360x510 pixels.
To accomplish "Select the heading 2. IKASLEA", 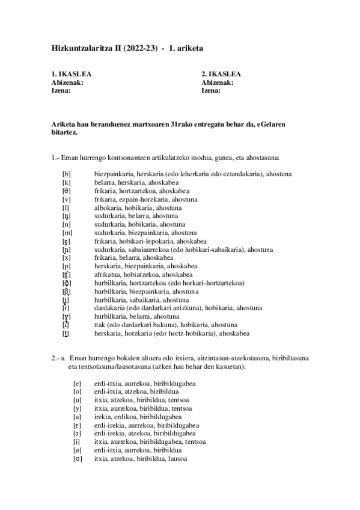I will pyautogui.click(x=222, y=75).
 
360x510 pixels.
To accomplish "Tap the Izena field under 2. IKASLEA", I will pyautogui.click(x=211, y=90).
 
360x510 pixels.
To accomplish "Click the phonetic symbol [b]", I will pyautogui.click(x=66, y=174).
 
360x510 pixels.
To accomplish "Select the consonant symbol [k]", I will pyautogui.click(x=66, y=183).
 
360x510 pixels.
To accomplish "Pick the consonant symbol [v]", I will pyautogui.click(x=66, y=199).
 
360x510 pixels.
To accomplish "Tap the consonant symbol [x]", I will pyautogui.click(x=66, y=257).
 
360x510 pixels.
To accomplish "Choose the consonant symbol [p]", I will pyautogui.click(x=66, y=266).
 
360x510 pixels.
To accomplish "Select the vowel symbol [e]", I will pyautogui.click(x=77, y=384).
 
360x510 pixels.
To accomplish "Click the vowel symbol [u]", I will pyautogui.click(x=77, y=401).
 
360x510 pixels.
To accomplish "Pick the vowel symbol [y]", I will pyautogui.click(x=77, y=409).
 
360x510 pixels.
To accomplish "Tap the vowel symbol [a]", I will pyautogui.click(x=77, y=417).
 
